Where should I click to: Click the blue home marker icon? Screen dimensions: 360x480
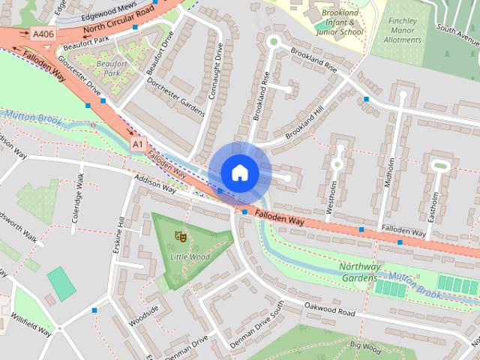[239, 172]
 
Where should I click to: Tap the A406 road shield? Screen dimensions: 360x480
[43, 34]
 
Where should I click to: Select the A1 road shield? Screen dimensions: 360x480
[136, 142]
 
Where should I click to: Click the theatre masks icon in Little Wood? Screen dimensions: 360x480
[180, 235]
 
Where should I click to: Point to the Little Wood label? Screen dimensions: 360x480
[189, 256]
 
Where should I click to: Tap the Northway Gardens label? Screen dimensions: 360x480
[360, 271]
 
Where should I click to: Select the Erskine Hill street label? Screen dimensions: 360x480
[120, 238]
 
